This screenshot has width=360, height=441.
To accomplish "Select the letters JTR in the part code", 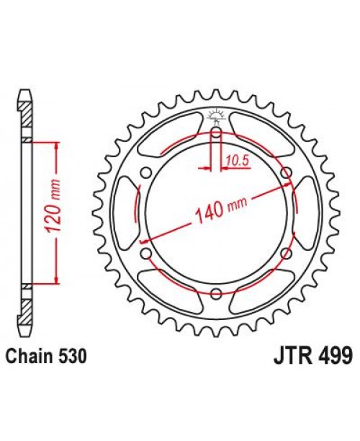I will pyautogui.click(x=290, y=357).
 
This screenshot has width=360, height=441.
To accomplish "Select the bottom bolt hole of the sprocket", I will pyautogui.click(x=216, y=292).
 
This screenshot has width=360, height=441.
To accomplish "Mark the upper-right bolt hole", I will pyautogui.click(x=286, y=172).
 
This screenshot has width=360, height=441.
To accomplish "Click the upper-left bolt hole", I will pyautogui.click(x=147, y=172).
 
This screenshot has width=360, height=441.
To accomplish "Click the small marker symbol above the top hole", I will pyautogui.click(x=216, y=115).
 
